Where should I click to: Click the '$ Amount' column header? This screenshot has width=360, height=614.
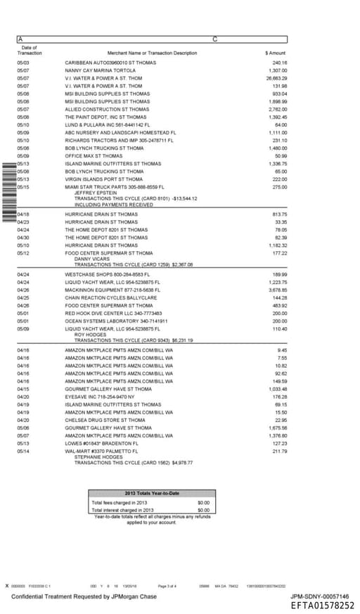point(276,53)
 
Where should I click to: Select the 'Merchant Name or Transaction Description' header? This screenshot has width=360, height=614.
point(152,53)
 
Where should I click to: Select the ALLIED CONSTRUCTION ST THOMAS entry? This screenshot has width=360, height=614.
point(107,109)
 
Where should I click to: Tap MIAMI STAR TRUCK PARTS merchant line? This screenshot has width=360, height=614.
point(114,186)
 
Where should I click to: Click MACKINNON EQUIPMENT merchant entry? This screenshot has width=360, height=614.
point(112,289)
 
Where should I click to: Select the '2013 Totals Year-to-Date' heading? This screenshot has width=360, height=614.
point(152,493)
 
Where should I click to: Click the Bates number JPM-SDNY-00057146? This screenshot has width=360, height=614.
point(319,596)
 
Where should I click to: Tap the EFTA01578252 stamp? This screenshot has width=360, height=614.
point(322,606)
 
